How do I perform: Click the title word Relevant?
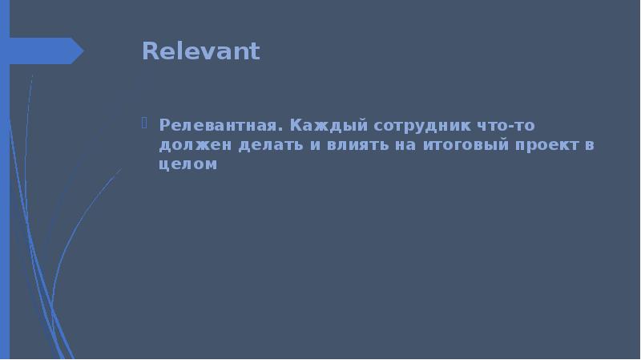pyautogui.click(x=200, y=51)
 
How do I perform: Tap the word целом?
pyautogui.click(x=188, y=164)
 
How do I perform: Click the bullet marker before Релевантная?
pyautogui.click(x=144, y=124)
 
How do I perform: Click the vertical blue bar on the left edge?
pyautogui.click(x=4, y=200)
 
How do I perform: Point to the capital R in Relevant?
pyautogui.click(x=149, y=51)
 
